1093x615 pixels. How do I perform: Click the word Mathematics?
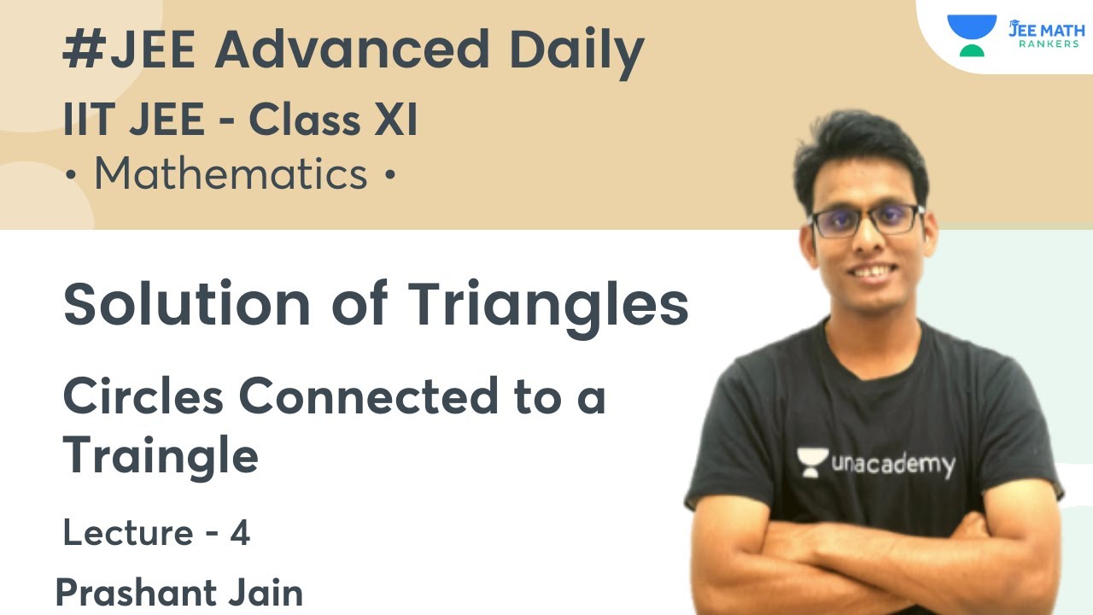coord(231,174)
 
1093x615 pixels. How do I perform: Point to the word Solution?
coord(187,305)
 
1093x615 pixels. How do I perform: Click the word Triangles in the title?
coord(546,305)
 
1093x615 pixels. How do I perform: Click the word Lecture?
coord(128,534)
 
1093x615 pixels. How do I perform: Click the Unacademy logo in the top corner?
coord(971,35)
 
